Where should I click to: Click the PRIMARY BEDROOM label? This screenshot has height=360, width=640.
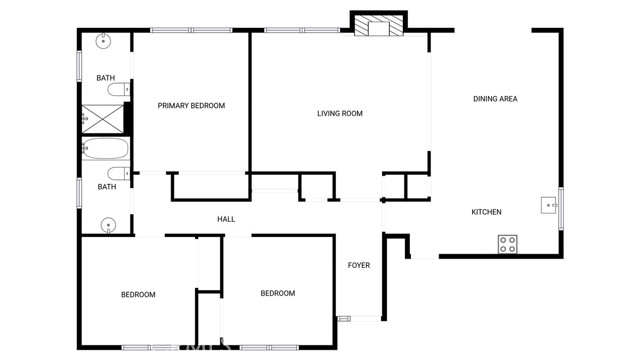(191, 105)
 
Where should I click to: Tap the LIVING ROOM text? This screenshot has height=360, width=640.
(339, 113)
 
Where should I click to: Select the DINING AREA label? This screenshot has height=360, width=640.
(495, 98)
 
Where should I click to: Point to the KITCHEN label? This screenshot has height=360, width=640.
(486, 212)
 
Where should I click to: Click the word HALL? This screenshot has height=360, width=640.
(226, 219)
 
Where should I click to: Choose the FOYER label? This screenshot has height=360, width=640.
(358, 265)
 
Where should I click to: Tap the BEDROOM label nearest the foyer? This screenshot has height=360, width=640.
(277, 293)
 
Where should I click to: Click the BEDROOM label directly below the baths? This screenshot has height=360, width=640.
(138, 294)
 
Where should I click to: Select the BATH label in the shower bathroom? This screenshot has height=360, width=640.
(105, 77)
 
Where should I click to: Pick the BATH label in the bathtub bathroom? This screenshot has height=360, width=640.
(106, 186)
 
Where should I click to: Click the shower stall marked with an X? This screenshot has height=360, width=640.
(103, 117)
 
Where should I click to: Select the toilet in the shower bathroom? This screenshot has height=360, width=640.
(119, 91)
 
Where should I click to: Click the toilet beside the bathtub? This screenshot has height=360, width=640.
(118, 172)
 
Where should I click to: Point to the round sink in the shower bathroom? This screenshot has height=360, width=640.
(104, 42)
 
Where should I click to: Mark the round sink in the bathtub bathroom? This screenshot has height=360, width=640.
(108, 224)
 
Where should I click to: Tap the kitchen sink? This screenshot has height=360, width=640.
(549, 206)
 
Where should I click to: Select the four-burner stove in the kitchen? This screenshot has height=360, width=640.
(508, 242)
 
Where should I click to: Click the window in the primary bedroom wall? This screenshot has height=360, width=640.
(191, 30)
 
